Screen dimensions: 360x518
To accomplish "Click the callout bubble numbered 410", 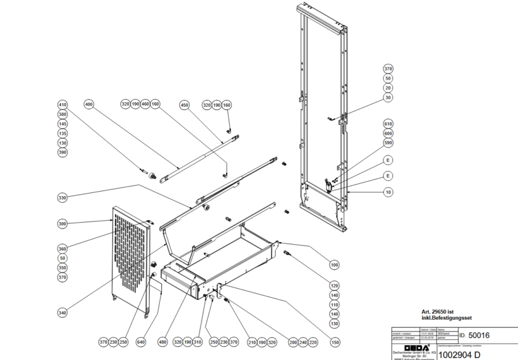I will point(63,104).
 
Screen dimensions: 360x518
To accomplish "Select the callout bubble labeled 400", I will point(89,104).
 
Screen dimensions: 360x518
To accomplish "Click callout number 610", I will point(388,123).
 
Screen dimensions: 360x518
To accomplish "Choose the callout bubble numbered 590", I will point(388,142).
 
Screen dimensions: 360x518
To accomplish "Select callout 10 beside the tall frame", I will point(388,192).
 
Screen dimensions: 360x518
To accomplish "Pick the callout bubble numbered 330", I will point(63,197).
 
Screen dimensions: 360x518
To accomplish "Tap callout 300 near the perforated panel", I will point(63,223).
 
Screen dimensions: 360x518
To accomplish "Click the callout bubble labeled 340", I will point(63,313).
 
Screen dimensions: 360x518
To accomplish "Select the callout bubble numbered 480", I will point(163,342).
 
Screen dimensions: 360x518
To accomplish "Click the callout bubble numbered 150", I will point(334,342).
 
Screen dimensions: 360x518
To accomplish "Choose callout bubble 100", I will point(334,265).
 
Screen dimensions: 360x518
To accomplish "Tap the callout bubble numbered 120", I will point(334,286).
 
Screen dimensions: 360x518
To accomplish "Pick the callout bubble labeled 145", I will point(63,124).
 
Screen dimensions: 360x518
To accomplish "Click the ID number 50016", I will point(479,335).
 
